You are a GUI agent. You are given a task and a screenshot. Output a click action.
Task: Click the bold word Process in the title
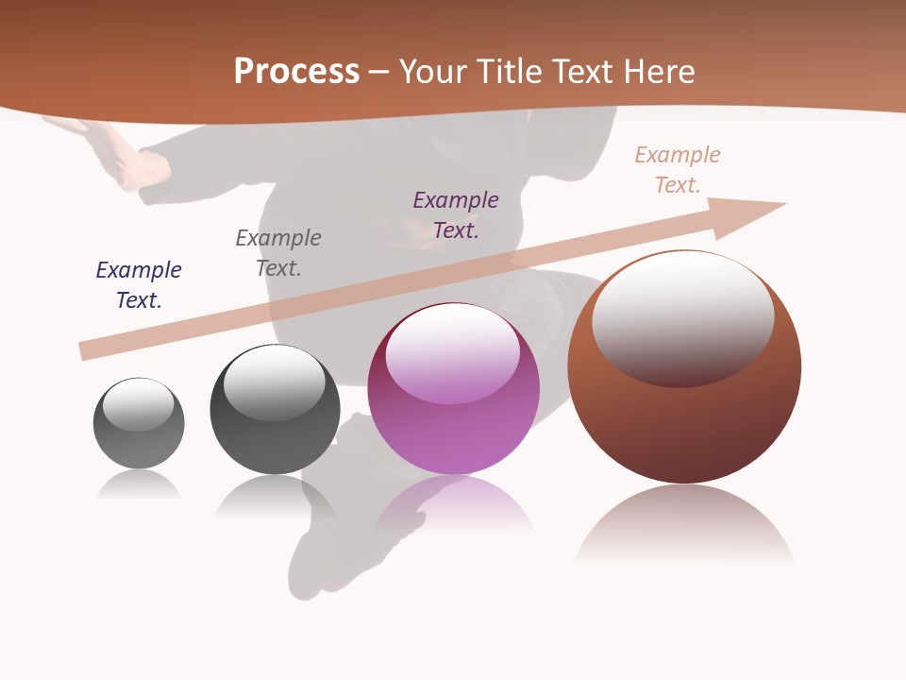(x=296, y=72)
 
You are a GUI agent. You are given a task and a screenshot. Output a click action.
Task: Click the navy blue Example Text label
(x=139, y=284)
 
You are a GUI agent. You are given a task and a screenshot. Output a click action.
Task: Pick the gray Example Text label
(x=278, y=252)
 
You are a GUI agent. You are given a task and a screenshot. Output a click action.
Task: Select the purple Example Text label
(x=456, y=214)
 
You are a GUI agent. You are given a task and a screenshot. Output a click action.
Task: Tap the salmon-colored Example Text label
(x=678, y=169)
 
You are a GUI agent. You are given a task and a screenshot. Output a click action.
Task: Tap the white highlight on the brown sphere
(x=683, y=316)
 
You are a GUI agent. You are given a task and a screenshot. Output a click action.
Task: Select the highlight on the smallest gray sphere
(x=139, y=404)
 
